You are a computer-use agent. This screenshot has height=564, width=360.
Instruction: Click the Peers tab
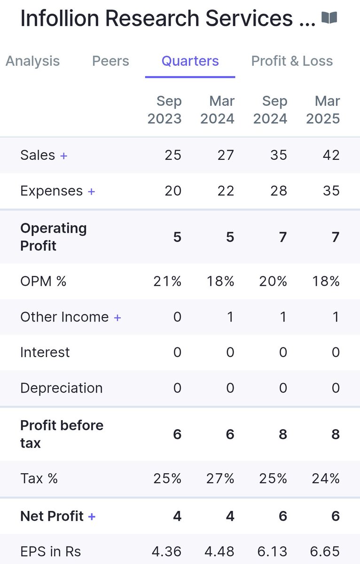pos(110,61)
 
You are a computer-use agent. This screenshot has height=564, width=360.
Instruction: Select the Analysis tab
pos(32,61)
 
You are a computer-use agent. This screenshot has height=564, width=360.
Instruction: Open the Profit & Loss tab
pos(292,61)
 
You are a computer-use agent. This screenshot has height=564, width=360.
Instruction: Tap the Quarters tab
pos(190,61)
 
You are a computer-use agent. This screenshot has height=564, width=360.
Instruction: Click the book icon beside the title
pos(329,18)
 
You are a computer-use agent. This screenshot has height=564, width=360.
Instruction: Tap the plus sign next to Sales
pos(63,156)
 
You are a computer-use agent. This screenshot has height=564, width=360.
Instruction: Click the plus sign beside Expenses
pos(91,191)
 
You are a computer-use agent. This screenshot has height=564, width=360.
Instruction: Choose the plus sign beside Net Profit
pos(92,517)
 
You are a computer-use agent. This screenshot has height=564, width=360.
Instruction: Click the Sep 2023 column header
pos(164,110)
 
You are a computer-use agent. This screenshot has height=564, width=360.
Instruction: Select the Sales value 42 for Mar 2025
pos(331,155)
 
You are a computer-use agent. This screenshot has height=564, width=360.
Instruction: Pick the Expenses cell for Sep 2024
pos(278,191)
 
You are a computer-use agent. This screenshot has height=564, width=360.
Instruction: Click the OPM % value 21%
pos(167,281)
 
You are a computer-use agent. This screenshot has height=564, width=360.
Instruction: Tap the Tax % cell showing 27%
pos(220,478)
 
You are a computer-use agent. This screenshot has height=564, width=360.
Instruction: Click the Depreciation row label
pos(61,388)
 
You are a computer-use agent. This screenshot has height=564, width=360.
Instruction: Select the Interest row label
pos(45,352)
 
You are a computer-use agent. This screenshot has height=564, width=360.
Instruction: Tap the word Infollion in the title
pos(60,18)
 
